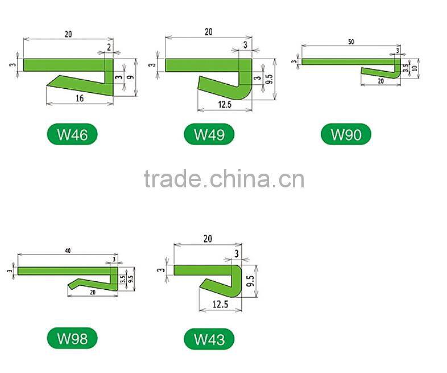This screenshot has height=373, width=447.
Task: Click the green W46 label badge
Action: coord(72,135)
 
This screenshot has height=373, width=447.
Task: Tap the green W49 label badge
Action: coord(209,135)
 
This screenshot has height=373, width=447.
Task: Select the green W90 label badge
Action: coord(345,135)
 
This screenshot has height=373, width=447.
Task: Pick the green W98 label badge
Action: coord(72,339)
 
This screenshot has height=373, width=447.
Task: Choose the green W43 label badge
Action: coord(209,339)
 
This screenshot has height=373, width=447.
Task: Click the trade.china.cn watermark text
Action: coord(223,179)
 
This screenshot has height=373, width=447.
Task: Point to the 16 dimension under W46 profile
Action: coord(79,99)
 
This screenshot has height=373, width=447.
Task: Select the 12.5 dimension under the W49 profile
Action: coord(224,104)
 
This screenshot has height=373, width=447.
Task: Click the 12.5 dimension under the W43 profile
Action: coord(220,305)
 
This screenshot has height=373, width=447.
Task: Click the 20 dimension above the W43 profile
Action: coord(207,239)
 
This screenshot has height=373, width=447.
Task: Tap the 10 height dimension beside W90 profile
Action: coord(415,68)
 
